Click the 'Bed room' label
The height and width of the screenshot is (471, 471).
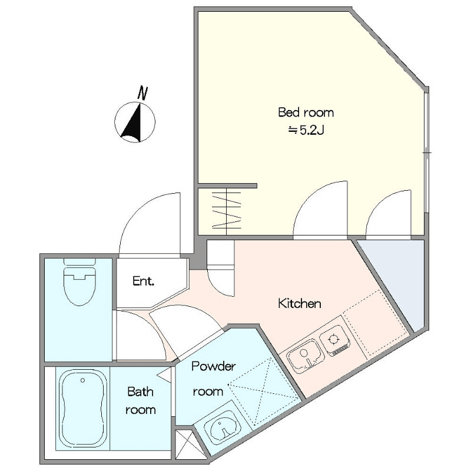[306, 112]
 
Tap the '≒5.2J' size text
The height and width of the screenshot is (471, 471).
[306, 130]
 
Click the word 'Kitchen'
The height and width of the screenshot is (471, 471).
[300, 303]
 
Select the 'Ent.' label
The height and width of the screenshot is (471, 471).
[143, 281]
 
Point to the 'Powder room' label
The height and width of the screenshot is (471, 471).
[213, 379]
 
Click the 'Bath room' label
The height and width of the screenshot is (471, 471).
[141, 401]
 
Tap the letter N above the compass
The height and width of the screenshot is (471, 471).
[142, 93]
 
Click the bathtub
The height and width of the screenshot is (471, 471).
[82, 409]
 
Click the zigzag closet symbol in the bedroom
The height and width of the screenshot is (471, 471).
[227, 211]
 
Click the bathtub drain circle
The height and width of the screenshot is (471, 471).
[82, 380]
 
